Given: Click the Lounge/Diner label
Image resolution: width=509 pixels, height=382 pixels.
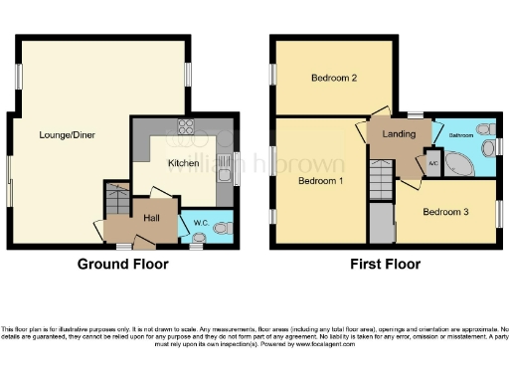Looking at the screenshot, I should [x=68, y=134].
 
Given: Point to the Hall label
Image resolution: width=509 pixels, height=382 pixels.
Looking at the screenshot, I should [x=152, y=217].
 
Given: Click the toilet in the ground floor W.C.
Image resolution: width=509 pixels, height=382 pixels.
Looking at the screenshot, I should [x=220, y=228].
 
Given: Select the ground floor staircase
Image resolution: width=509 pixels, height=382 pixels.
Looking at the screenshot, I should [x=116, y=203].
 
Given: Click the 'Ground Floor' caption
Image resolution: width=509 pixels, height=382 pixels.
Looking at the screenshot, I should [x=122, y=265].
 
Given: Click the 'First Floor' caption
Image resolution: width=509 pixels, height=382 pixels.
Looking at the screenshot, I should [x=385, y=265].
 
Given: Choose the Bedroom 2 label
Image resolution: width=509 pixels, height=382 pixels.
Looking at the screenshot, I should [x=333, y=78].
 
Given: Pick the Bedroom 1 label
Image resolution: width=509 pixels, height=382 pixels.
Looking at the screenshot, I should [x=321, y=181].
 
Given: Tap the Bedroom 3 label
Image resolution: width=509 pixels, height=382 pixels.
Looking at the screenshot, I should [x=444, y=212].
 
